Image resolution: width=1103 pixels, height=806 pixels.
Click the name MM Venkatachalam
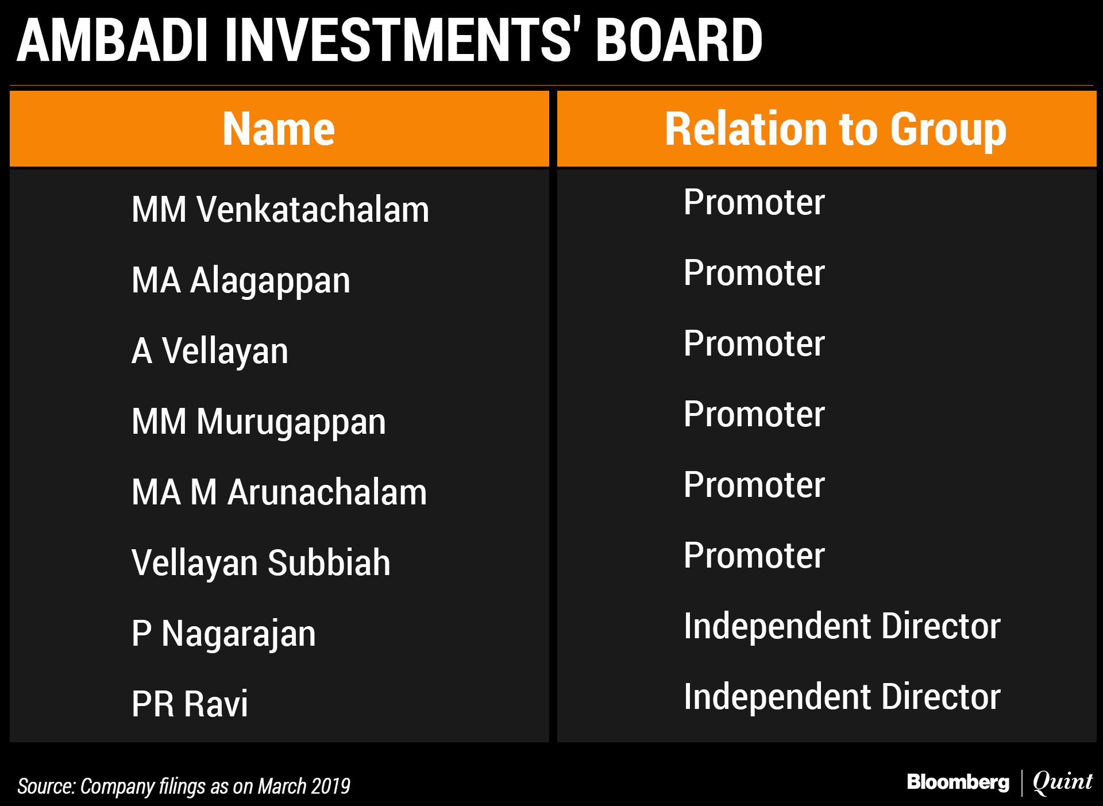click(x=280, y=209)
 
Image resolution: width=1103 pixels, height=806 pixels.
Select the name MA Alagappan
click(x=241, y=281)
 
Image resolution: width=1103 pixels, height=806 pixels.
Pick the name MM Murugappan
click(x=259, y=423)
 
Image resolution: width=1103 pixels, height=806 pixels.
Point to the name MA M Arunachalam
click(x=279, y=492)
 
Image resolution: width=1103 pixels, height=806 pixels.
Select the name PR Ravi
click(x=190, y=704)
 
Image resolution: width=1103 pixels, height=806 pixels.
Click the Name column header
click(x=279, y=129)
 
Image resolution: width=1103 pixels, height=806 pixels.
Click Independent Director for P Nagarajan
click(x=842, y=626)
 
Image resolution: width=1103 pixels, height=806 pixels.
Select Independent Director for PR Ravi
click(x=842, y=696)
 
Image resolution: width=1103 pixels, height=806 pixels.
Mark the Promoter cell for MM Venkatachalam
click(x=754, y=202)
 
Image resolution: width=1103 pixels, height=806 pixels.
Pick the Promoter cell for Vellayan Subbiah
click(x=754, y=556)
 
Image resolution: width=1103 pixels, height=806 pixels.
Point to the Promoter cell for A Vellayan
click(x=754, y=344)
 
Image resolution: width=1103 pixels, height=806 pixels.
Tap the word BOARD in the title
click(x=679, y=40)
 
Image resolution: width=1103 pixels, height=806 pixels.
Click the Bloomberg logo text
click(x=958, y=782)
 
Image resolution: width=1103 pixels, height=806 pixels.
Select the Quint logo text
click(x=1063, y=782)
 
